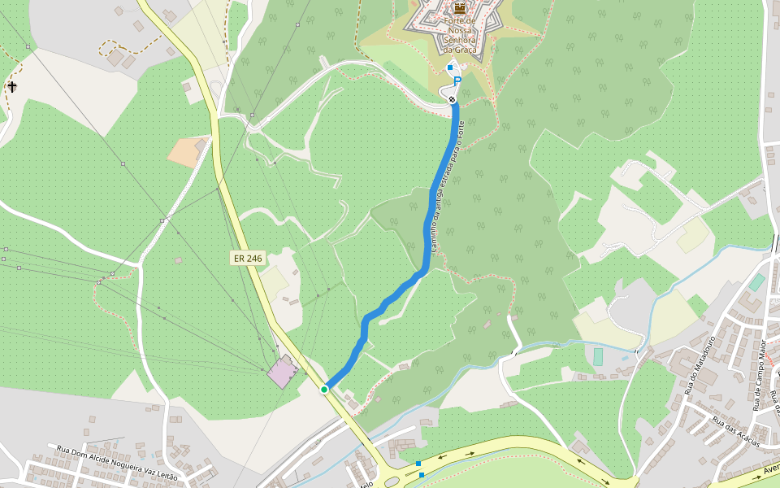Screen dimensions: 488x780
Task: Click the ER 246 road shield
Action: [248, 258]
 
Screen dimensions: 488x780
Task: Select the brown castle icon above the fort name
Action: [460, 8]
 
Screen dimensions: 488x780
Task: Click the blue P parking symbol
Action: [457, 81]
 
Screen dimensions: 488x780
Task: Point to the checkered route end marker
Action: [452, 99]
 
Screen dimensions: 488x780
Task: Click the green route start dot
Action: [324, 390]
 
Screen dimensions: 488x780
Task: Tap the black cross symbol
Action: [12, 86]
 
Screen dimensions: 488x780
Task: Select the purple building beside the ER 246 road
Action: [281, 371]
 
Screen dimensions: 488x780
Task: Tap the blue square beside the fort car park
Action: [450, 68]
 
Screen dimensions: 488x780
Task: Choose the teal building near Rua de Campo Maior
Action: [756, 282]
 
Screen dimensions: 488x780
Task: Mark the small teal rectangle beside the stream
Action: [598, 356]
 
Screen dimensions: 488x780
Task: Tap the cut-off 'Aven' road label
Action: [770, 469]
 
